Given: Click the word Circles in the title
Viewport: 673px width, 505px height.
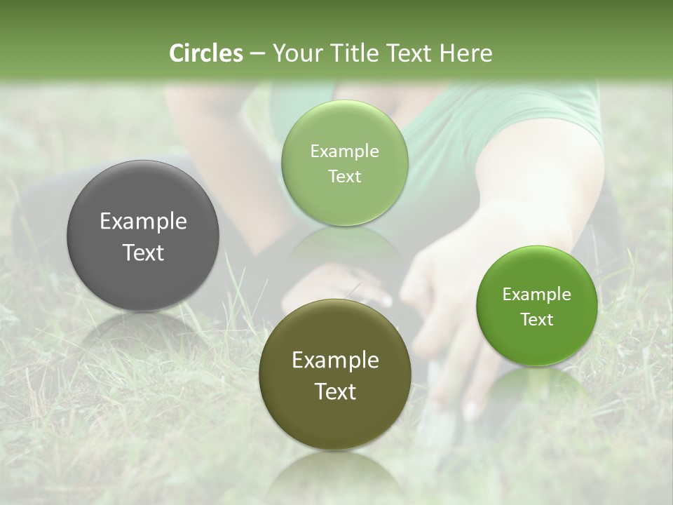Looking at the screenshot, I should click(x=205, y=53).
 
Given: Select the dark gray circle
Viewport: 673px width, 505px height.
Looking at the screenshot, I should click(x=143, y=203).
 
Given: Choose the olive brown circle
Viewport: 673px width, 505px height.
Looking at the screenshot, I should click(x=335, y=421).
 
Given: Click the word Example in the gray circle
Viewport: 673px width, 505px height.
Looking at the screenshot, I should click(x=143, y=222).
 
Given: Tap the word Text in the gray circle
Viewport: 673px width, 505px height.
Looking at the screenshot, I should click(x=143, y=252).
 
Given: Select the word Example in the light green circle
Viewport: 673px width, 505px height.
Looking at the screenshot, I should click(x=345, y=151).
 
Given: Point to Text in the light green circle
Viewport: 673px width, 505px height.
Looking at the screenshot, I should click(x=345, y=177).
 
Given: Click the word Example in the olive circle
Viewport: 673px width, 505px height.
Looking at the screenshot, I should click(x=335, y=361).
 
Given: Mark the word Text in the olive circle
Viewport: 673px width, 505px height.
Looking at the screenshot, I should click(x=335, y=391).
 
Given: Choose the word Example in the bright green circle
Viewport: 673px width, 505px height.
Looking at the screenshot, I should click(x=536, y=295).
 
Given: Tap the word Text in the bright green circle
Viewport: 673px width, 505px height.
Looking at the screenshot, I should click(x=536, y=320).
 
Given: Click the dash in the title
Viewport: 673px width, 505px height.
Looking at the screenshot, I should click(x=257, y=54).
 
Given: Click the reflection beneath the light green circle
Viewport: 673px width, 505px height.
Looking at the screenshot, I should click(x=345, y=242).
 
